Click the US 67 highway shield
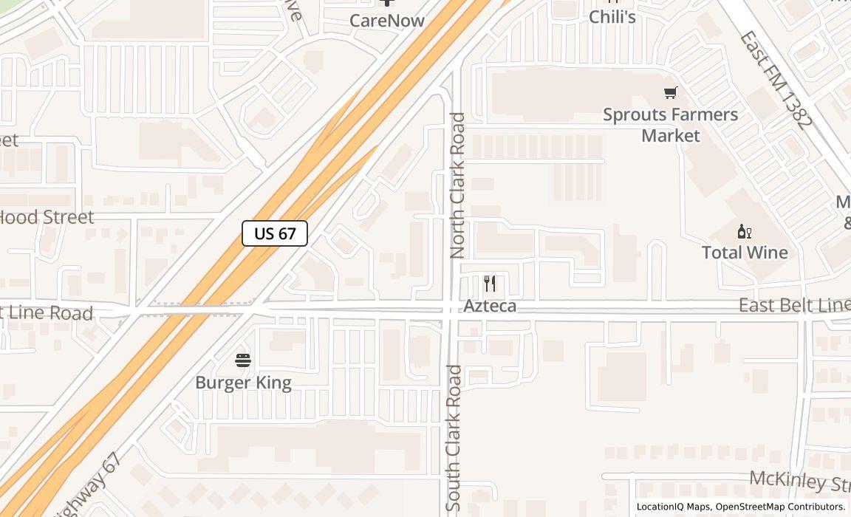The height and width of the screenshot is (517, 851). coord(275,233)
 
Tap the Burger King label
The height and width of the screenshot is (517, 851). coord(243,383)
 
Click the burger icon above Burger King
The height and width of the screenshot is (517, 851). coord(243,360)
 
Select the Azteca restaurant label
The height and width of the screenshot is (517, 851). coord(490,306)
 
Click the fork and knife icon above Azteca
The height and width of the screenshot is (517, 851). coord(490,284)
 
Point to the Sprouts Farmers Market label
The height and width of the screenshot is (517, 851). coord(670,125)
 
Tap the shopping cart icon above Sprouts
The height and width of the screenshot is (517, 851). coord(670,93)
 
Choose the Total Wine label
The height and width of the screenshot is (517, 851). coord(745,253)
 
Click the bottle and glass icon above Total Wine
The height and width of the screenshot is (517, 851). coord(745,232)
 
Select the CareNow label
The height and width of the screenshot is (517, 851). coord(387,21)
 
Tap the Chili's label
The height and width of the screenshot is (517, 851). coord(612,17)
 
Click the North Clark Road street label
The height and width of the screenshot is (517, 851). coord(457,185)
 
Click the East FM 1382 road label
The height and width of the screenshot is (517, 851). coord(776,79)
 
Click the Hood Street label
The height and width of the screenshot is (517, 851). coord(47,217)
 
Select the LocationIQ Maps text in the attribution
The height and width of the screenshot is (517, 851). coord(673,507)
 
